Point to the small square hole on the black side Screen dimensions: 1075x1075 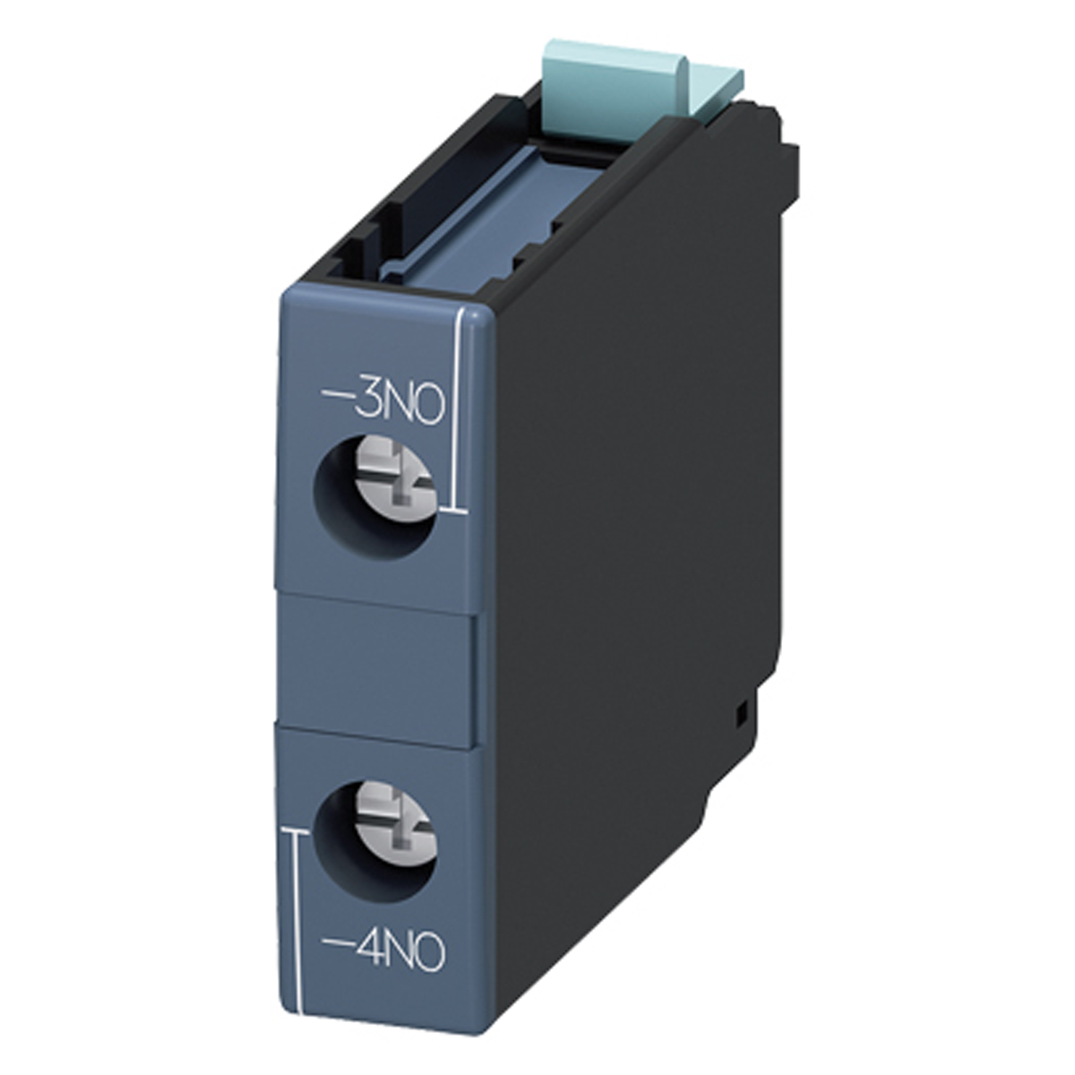[741, 714]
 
